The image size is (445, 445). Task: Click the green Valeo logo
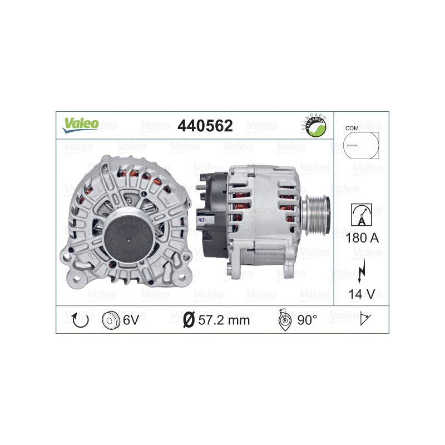[80, 124]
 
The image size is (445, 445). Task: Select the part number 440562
[205, 126]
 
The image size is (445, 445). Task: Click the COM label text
[352, 128]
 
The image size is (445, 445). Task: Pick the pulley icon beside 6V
[111, 320]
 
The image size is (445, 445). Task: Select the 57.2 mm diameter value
[224, 320]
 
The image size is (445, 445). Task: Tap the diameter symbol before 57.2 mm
[189, 320]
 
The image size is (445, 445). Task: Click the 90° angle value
[307, 320]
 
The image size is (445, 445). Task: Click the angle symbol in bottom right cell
[365, 319]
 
